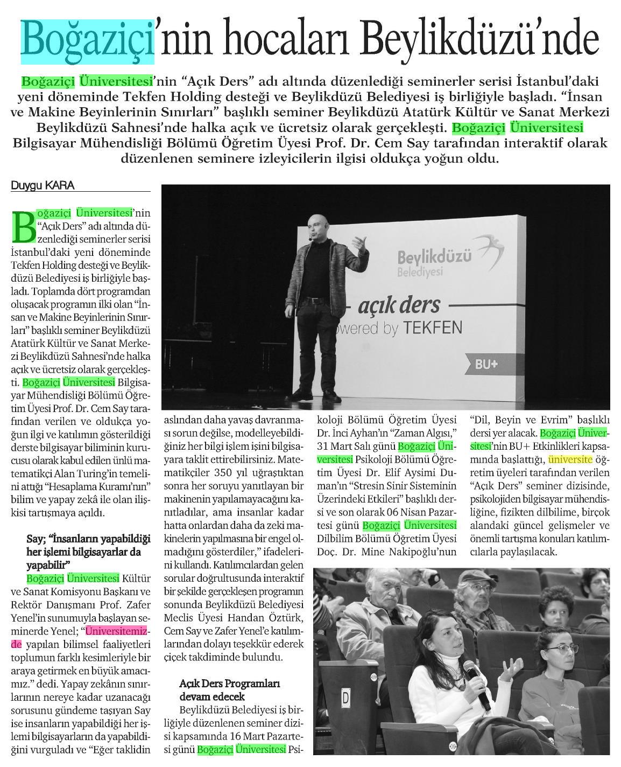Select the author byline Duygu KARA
pyautogui.click(x=43, y=186)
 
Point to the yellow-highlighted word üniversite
pyautogui.click(x=570, y=460)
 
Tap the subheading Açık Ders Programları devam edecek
pyautogui.click(x=230, y=690)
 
